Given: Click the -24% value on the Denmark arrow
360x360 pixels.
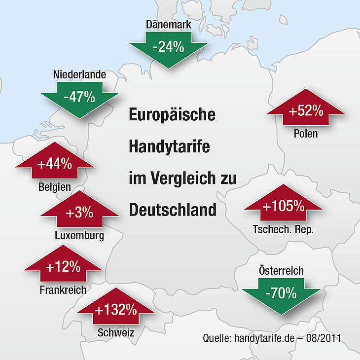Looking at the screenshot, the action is tap(169, 47).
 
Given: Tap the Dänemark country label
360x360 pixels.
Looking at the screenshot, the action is tap(169, 25).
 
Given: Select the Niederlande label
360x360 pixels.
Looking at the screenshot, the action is tap(79, 74).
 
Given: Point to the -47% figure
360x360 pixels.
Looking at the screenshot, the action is tap(79, 97).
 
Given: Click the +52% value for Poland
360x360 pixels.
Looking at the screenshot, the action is tap(306, 110).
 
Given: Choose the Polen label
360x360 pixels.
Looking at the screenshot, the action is tap(306, 134).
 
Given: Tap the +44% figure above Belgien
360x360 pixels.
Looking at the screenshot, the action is tap(55, 164).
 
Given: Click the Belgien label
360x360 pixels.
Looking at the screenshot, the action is tap(55, 187).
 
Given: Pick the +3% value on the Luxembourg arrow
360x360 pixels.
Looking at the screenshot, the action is tap(79, 213).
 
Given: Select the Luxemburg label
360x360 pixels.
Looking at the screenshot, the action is tap(79, 236).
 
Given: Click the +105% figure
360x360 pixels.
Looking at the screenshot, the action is tap(284, 206).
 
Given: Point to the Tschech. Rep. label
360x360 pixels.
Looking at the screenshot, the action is tap(283, 229).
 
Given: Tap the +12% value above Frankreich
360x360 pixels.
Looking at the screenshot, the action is tap(63, 267).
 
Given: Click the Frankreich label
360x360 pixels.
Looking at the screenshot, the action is tap(63, 290).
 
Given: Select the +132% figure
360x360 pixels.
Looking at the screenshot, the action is tap(116, 310).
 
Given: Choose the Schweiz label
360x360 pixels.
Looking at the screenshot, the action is tap(116, 332).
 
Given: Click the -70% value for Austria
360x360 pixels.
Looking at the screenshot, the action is tap(281, 293).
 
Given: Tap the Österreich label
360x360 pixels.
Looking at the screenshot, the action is tap(281, 270).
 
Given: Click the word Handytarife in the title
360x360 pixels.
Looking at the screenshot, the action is tap(170, 147).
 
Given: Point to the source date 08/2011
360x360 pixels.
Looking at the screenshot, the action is tap(324, 338).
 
